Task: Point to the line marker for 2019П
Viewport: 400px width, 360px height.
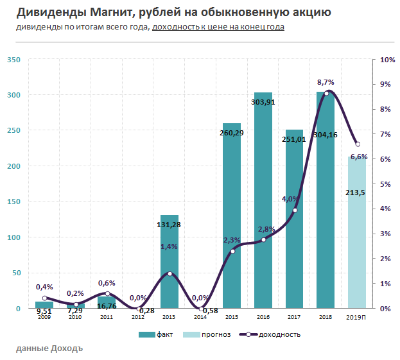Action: click(x=358, y=144)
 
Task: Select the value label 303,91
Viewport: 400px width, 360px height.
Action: click(x=263, y=102)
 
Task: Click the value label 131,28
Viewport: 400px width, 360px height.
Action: click(x=170, y=224)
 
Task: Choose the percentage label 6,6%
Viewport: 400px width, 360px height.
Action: click(x=359, y=157)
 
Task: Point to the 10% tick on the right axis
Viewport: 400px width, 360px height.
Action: click(x=387, y=60)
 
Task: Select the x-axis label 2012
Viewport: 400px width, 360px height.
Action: click(x=138, y=317)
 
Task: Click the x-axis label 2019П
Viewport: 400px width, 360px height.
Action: click(x=358, y=317)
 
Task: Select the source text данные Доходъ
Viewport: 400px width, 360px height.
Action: click(x=49, y=348)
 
